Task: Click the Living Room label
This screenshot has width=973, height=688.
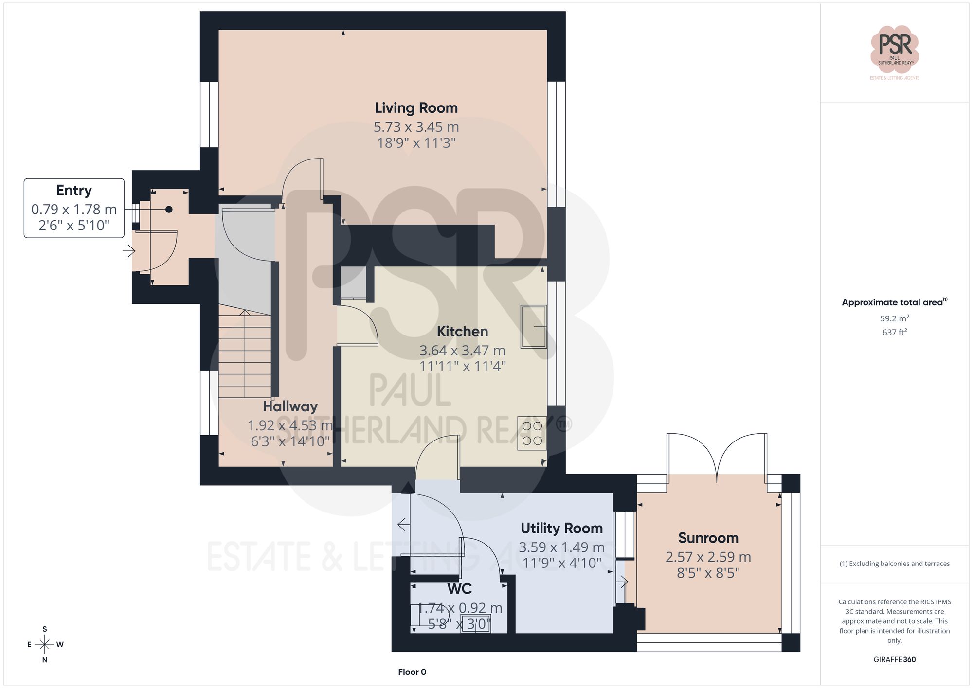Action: (416, 108)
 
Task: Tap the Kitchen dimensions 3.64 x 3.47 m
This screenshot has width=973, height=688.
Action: (462, 350)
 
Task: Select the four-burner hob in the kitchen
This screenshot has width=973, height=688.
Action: (532, 433)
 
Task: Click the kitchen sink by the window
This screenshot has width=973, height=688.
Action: (533, 326)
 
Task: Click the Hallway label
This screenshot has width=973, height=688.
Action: (290, 406)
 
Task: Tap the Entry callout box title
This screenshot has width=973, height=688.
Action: (74, 190)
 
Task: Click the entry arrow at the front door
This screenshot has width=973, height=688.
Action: (128, 251)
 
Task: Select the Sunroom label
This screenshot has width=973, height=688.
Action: (708, 538)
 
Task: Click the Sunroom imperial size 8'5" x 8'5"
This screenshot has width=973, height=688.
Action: (708, 573)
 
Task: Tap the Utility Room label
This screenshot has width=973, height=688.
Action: (561, 528)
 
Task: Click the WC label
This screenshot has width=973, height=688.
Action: (459, 589)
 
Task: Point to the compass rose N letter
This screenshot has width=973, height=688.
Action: (45, 660)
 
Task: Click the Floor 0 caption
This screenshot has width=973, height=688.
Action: (412, 672)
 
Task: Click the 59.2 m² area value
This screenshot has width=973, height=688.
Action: (894, 318)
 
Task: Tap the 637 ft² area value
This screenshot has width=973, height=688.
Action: (894, 333)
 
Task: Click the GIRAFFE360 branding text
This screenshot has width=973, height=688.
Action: (894, 659)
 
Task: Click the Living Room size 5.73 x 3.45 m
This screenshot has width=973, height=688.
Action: (416, 127)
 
